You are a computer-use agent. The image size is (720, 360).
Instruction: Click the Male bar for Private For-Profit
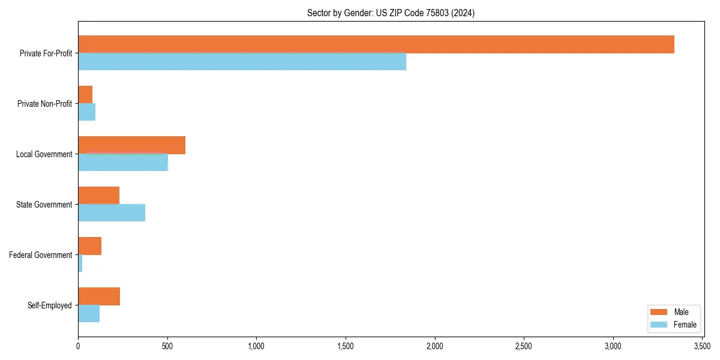[376, 44]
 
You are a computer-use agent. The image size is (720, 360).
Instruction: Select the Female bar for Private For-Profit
[242, 62]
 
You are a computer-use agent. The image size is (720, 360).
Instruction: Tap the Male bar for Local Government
[131, 145]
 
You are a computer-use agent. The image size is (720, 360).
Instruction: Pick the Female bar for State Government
[112, 213]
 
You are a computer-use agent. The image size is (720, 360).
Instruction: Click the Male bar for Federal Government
[89, 246]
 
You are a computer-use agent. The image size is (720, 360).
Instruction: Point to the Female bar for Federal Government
[80, 263]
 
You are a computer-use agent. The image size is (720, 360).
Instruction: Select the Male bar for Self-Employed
[99, 296]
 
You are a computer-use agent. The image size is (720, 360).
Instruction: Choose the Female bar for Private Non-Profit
[86, 112]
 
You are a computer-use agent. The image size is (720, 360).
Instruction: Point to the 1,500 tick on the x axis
[346, 346]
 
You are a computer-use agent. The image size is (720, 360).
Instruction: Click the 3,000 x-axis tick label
[613, 346]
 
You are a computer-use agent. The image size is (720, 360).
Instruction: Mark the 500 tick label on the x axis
[167, 346]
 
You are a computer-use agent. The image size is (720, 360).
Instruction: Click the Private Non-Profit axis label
[44, 104]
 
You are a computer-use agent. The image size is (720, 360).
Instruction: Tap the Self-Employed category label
[50, 305]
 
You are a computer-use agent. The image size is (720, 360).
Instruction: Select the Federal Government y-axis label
[41, 255]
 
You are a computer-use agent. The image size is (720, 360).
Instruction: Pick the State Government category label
[44, 205]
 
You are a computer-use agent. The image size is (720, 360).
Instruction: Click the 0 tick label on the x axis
[78, 346]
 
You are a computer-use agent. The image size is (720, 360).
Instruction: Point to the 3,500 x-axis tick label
[702, 346]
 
